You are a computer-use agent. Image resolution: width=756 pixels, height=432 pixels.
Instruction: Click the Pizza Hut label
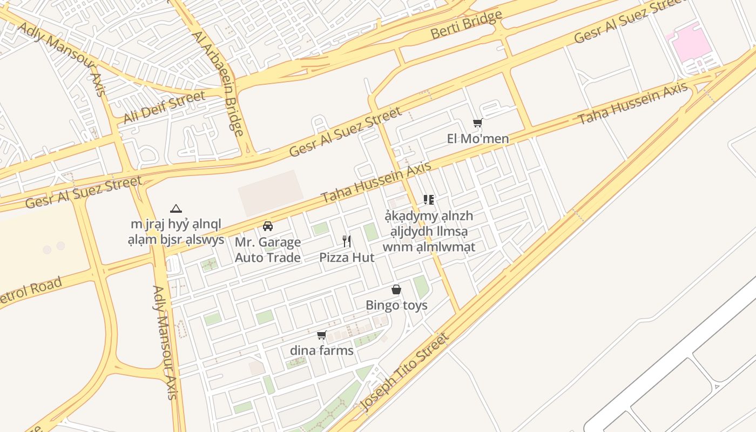click(346, 258)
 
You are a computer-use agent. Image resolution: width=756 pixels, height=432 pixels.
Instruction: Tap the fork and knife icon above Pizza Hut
click(347, 241)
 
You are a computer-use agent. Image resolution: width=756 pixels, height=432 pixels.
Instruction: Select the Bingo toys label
click(396, 305)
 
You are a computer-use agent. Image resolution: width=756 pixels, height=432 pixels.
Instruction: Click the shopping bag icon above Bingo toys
click(396, 290)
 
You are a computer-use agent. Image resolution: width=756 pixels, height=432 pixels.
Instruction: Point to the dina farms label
click(322, 350)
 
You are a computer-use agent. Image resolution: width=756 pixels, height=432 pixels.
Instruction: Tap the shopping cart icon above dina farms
click(322, 335)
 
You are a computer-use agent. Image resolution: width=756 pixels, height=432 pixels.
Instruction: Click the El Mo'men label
click(478, 139)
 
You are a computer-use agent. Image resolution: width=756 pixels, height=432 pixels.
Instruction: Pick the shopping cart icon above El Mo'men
click(477, 123)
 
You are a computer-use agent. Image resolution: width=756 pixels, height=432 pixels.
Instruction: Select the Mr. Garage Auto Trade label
click(268, 250)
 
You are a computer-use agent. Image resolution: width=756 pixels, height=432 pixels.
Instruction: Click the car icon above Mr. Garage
click(268, 226)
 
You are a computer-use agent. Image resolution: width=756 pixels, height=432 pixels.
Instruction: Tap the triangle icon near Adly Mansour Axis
click(175, 208)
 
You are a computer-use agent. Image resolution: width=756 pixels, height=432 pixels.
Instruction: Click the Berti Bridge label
click(466, 25)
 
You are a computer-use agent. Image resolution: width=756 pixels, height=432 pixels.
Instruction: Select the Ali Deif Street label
click(164, 107)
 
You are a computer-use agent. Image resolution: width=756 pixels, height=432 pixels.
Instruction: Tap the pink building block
click(688, 43)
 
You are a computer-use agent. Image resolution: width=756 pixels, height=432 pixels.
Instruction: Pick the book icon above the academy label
click(429, 200)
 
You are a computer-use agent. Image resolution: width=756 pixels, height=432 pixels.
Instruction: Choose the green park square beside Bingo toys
click(421, 287)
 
